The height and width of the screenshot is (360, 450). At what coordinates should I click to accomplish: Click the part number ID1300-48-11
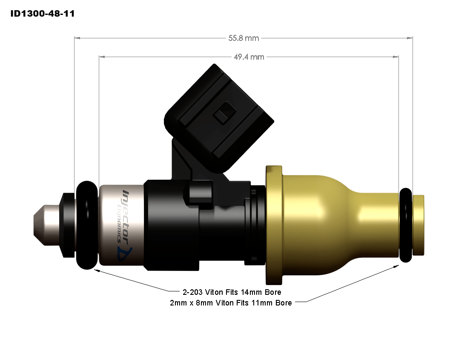click(43, 14)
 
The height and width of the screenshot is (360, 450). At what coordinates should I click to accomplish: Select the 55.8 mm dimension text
click(244, 38)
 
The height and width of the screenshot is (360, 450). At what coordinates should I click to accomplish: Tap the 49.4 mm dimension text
click(249, 57)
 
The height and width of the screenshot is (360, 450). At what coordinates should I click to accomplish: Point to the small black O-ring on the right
click(406, 225)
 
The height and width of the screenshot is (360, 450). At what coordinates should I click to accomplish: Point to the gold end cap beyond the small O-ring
click(419, 225)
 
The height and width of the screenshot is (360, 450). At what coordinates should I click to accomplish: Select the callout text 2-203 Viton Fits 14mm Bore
click(232, 292)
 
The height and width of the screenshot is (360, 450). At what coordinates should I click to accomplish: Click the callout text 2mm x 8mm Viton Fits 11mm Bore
click(231, 303)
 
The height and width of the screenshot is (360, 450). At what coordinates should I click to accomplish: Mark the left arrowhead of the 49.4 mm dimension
click(101, 57)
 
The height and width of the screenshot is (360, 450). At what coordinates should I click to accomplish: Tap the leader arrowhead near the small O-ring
click(397, 265)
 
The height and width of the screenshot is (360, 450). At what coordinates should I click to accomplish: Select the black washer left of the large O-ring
click(68, 225)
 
